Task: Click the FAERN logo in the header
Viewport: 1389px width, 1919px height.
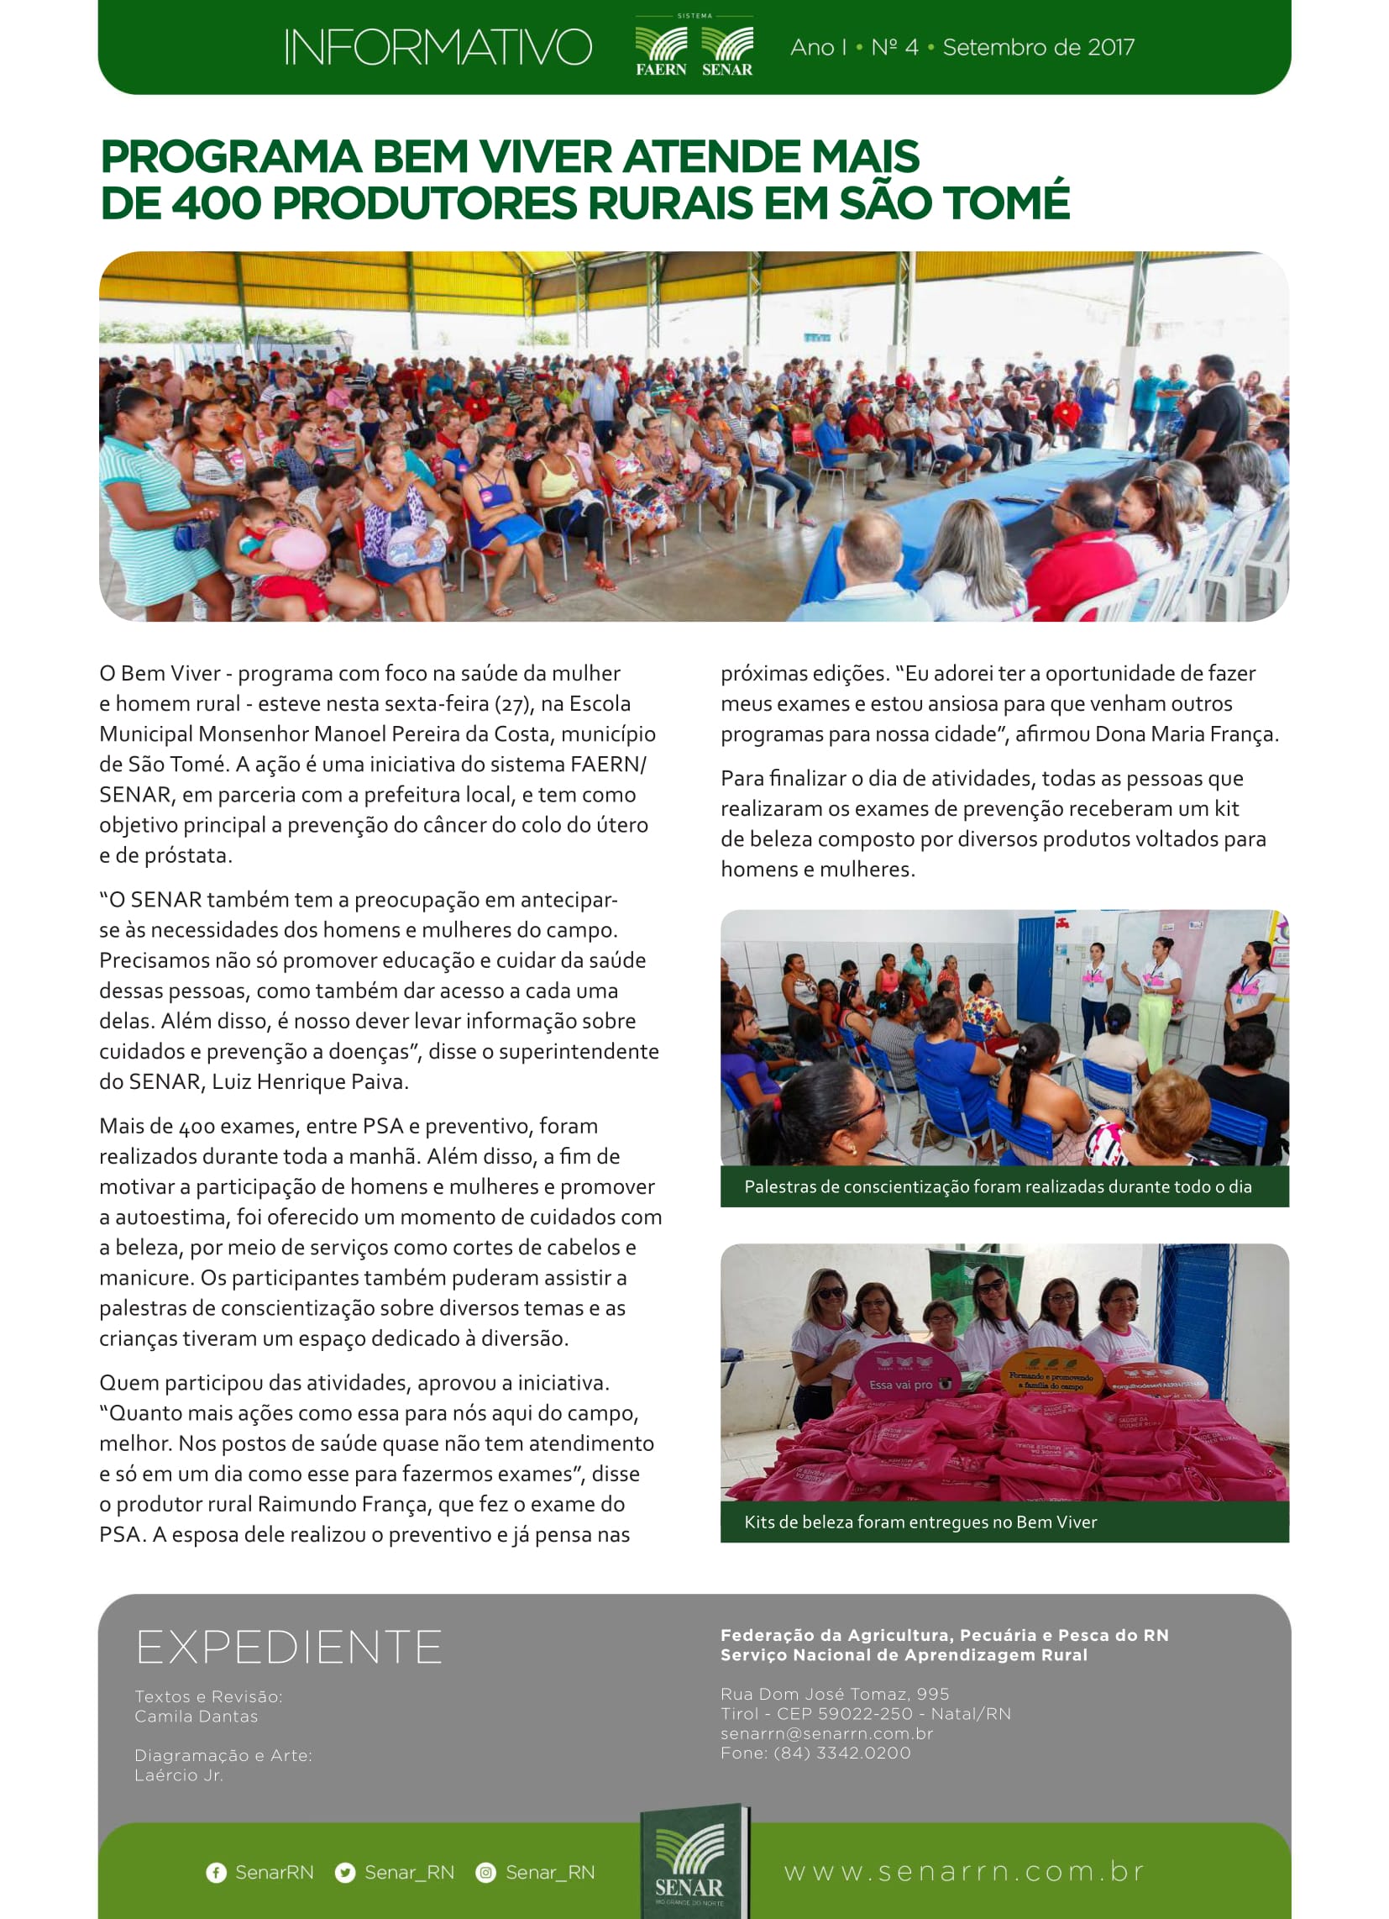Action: (x=661, y=50)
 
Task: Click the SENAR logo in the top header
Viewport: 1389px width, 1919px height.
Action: (x=726, y=50)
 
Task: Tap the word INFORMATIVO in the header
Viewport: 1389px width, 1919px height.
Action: (x=438, y=47)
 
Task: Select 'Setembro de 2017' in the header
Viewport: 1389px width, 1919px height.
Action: (x=1038, y=47)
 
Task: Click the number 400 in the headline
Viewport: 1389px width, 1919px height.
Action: (x=216, y=203)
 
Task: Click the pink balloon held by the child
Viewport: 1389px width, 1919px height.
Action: (x=299, y=549)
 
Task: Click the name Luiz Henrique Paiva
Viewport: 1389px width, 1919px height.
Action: (x=310, y=1081)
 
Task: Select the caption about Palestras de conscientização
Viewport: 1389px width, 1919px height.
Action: (x=998, y=1186)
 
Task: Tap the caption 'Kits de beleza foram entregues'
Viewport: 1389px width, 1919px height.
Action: (x=920, y=1522)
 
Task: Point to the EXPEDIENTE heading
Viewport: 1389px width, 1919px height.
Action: (x=288, y=1648)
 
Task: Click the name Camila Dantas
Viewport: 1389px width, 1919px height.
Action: (x=197, y=1716)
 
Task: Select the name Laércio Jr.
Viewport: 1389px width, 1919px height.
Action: (x=179, y=1774)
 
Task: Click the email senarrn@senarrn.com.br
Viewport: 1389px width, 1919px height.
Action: (x=826, y=1732)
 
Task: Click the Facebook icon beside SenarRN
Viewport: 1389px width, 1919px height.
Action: (x=216, y=1873)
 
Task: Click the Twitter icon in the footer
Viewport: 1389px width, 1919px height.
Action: (x=345, y=1873)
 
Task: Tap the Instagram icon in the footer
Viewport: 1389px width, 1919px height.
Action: (x=485, y=1873)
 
